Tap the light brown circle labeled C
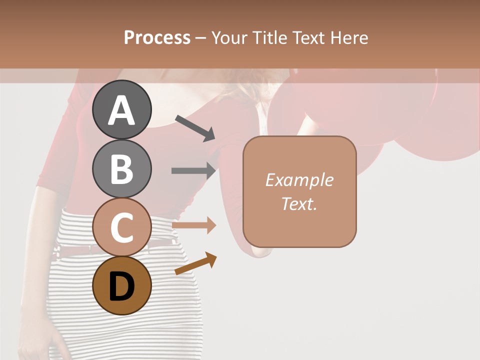pyautogui.click(x=122, y=226)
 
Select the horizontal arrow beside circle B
pyautogui.click(x=193, y=170)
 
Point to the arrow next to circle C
pyautogui.click(x=193, y=225)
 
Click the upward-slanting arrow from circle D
pyautogui.click(x=195, y=263)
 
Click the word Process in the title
pyautogui.click(x=157, y=38)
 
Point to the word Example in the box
pyautogui.click(x=299, y=180)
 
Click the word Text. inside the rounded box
pyautogui.click(x=299, y=204)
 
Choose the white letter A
pyautogui.click(x=122, y=110)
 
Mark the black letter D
pyautogui.click(x=122, y=286)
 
